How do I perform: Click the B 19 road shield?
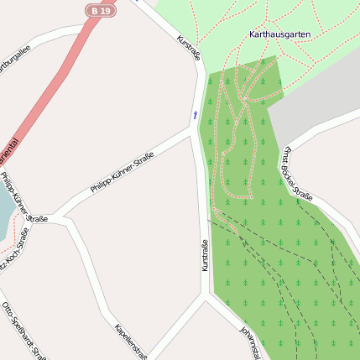[101, 10]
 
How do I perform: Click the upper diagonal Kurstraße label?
[190, 47]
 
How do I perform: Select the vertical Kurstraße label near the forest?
[204, 255]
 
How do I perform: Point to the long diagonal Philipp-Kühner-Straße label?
[123, 172]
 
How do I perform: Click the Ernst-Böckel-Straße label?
[297, 175]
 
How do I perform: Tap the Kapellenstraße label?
[132, 341]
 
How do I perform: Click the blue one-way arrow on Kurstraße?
[196, 113]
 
